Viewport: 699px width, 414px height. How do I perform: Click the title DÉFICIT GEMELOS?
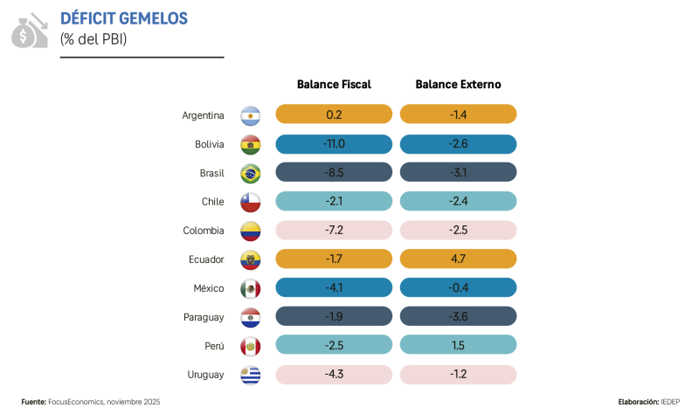click(x=123, y=18)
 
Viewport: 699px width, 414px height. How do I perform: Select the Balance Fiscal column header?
click(x=334, y=85)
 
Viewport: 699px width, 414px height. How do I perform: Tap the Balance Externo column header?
click(x=458, y=85)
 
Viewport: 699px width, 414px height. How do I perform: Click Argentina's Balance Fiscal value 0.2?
click(x=334, y=114)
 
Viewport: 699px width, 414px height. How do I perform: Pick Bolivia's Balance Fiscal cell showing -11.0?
click(x=334, y=143)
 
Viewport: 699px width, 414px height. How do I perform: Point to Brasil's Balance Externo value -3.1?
click(x=458, y=172)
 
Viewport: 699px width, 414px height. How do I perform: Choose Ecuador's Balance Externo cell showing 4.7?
click(x=458, y=259)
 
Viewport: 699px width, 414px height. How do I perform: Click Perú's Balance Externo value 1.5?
click(x=458, y=346)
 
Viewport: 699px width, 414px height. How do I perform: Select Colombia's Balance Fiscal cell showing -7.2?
click(x=334, y=231)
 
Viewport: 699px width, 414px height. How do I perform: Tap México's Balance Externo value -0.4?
click(x=458, y=288)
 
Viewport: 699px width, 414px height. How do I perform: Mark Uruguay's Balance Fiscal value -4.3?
click(x=334, y=375)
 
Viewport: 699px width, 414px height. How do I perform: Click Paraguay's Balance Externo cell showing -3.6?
click(x=458, y=317)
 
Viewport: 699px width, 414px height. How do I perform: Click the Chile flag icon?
click(x=251, y=202)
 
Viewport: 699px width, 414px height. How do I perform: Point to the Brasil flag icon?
click(x=251, y=173)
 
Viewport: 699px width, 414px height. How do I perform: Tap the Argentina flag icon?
click(x=251, y=115)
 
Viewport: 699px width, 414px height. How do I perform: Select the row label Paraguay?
click(x=203, y=317)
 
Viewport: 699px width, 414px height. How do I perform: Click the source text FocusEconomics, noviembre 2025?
click(x=105, y=402)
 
